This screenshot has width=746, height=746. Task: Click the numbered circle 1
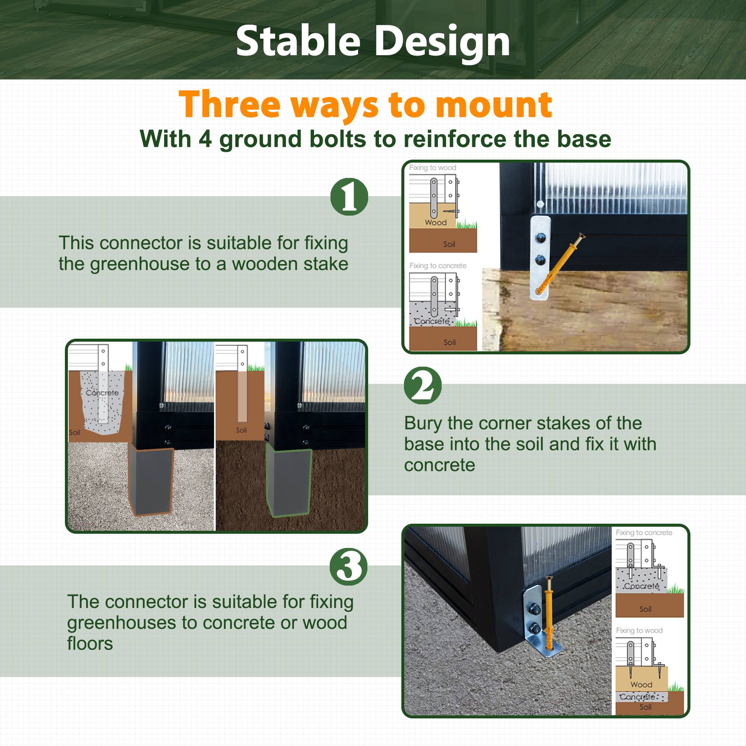tap(349, 197)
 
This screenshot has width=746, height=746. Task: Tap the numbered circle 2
tap(423, 385)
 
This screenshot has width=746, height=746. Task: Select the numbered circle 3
tap(348, 567)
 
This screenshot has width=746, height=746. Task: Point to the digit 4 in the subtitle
tap(205, 139)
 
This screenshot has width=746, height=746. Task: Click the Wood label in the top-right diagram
tap(436, 223)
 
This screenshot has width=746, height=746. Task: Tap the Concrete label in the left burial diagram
tap(102, 393)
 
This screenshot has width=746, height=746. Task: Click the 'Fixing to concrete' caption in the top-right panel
tap(438, 266)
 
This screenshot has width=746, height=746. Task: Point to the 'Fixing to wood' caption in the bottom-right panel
tap(639, 630)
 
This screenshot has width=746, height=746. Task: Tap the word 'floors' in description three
tap(90, 643)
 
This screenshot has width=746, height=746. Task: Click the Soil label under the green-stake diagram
tap(241, 430)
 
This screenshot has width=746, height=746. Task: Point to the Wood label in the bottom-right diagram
tap(641, 684)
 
